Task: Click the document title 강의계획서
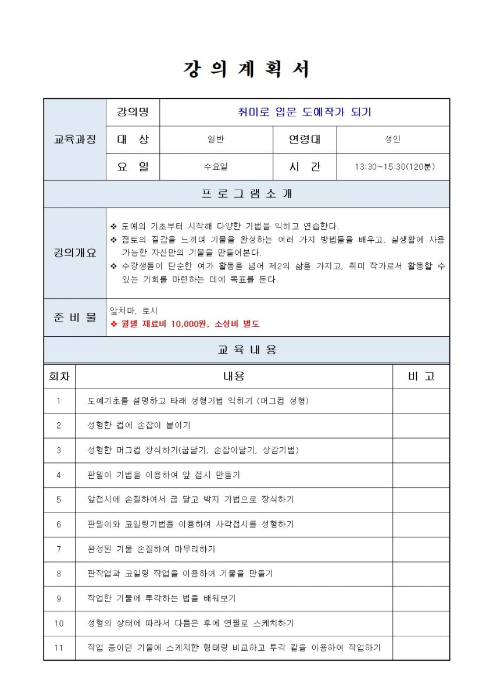point(246,69)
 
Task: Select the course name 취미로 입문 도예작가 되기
point(304,112)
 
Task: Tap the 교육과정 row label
point(75,140)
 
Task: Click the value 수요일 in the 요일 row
point(216,167)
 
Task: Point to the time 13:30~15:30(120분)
point(394,167)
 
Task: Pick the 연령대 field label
point(305,140)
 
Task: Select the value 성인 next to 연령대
point(392,140)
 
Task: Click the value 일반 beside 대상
point(216,140)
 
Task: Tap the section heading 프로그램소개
point(246,194)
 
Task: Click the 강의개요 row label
point(75,253)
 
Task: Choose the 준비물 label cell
point(75,318)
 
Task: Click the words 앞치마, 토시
point(134,311)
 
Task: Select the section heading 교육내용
point(246,350)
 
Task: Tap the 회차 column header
point(59,376)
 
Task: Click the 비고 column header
point(421,376)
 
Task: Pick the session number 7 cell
point(59,549)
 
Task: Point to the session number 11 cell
point(59,647)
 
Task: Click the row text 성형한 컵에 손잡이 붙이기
point(139,425)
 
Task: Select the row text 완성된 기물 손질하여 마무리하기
point(151,549)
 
